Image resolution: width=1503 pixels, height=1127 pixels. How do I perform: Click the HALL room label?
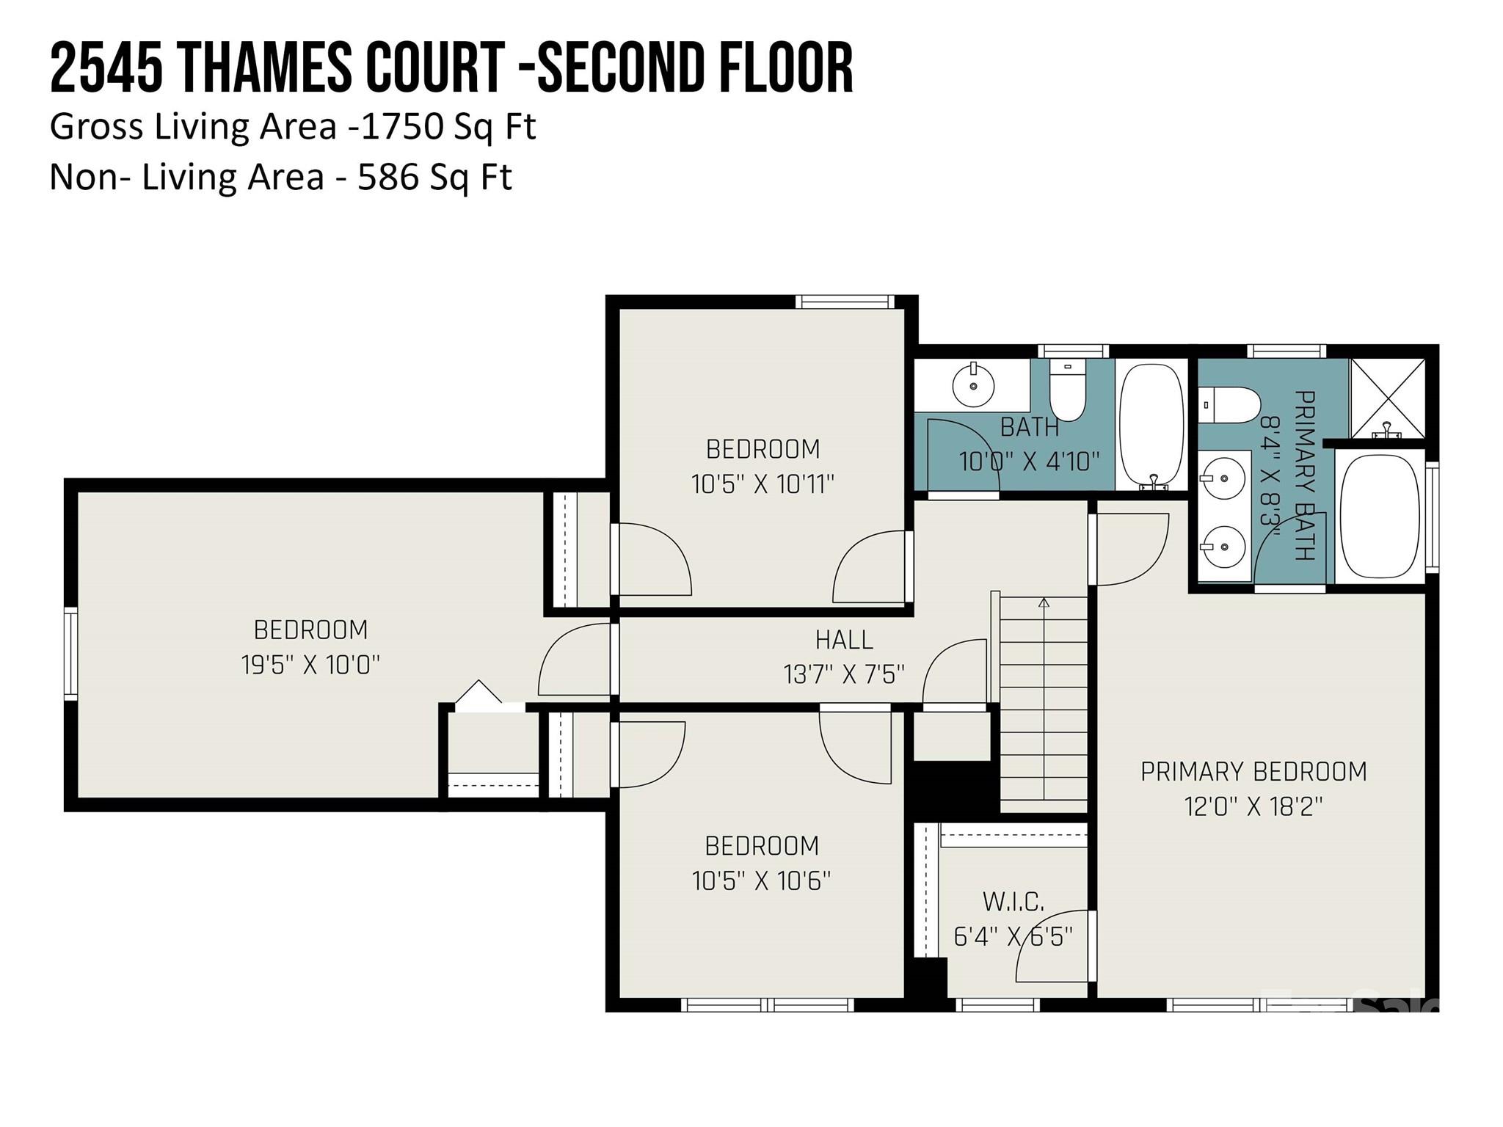pyautogui.click(x=844, y=640)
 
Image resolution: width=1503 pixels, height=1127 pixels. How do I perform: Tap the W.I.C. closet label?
pyautogui.click(x=1013, y=902)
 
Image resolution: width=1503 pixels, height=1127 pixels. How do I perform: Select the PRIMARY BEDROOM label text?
pyautogui.click(x=1253, y=772)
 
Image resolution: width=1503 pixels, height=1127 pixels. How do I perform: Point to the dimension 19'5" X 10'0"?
pyautogui.click(x=310, y=665)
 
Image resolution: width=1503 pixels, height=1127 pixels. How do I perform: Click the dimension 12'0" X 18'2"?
pyautogui.click(x=1253, y=807)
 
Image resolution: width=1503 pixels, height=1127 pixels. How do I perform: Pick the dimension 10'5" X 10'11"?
pyautogui.click(x=763, y=484)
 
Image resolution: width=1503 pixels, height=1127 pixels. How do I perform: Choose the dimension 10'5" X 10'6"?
pyautogui.click(x=761, y=880)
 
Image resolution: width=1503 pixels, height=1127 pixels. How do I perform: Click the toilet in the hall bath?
pyautogui.click(x=1067, y=390)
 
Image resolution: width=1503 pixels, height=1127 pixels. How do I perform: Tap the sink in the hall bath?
pyautogui.click(x=973, y=386)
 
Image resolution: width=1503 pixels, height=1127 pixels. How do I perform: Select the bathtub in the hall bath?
pyautogui.click(x=1151, y=426)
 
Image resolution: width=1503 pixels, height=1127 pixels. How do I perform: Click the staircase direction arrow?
pyautogui.click(x=1044, y=603)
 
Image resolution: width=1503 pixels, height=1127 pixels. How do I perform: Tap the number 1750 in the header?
pyautogui.click(x=403, y=127)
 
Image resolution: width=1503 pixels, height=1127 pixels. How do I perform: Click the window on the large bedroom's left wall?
pyautogui.click(x=70, y=653)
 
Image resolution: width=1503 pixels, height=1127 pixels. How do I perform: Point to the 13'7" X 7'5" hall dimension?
pyautogui.click(x=844, y=674)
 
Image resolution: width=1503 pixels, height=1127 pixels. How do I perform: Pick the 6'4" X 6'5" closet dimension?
pyautogui.click(x=1013, y=937)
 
